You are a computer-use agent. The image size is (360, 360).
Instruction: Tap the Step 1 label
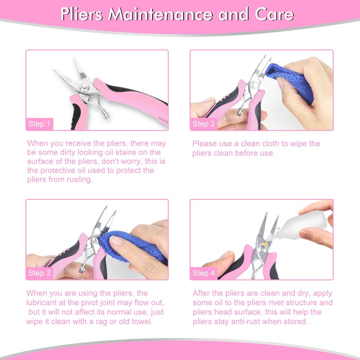pos(40,123)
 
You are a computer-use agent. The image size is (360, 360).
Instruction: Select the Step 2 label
pos(204,123)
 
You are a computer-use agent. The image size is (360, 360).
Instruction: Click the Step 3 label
pos(40,273)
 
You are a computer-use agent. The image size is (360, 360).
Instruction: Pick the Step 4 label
pos(204,273)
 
